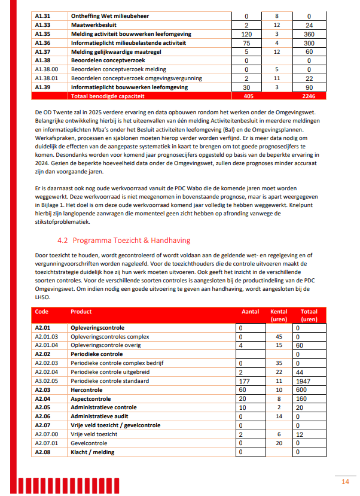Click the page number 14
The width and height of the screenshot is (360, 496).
(x=345, y=482)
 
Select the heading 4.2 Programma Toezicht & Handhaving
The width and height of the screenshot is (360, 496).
(x=123, y=240)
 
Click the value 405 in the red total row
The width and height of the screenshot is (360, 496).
(x=249, y=95)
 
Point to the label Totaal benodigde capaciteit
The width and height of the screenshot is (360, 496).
(x=105, y=95)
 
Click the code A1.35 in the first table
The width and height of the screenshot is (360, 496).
(x=42, y=34)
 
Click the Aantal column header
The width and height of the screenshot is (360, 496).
(x=250, y=312)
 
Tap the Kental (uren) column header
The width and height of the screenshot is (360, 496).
(x=279, y=315)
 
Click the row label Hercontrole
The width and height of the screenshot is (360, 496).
(x=87, y=390)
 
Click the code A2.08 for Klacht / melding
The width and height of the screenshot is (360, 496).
(x=42, y=452)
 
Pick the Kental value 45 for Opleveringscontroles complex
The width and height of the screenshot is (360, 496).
(x=279, y=337)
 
